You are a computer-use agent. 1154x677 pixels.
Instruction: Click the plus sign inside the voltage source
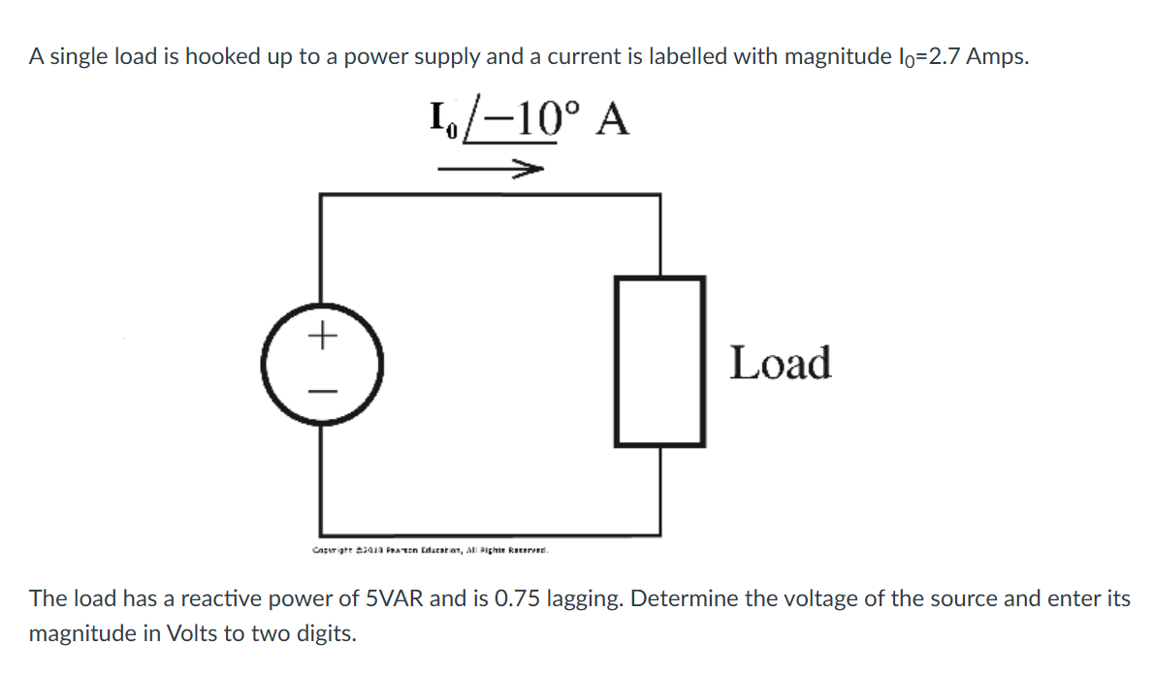(322, 337)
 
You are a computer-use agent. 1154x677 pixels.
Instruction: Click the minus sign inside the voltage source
(322, 391)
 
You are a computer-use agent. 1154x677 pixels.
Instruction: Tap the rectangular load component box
(658, 361)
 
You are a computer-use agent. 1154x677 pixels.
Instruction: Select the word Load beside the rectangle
(780, 363)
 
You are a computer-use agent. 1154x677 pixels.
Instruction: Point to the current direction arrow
(489, 170)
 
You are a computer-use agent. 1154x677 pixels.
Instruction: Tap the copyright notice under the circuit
(431, 550)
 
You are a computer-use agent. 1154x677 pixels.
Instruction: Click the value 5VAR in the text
(391, 598)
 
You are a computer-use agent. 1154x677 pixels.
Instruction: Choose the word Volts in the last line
(193, 634)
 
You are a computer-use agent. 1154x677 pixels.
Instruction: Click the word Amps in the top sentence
(996, 56)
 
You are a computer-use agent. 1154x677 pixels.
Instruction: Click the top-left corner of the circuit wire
(322, 195)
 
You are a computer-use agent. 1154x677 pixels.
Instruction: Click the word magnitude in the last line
(86, 634)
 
